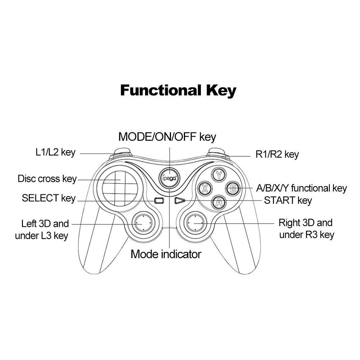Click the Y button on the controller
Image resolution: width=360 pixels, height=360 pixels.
[219, 175]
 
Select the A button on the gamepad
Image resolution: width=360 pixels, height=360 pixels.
[219, 202]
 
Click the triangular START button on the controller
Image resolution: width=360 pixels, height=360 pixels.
[179, 201]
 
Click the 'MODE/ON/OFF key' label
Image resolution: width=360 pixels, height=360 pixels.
[167, 137]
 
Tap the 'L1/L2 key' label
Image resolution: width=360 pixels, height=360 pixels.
[55, 152]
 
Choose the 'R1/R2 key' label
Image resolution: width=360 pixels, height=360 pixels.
[277, 155]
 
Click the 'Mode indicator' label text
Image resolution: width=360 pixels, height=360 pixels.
[166, 254]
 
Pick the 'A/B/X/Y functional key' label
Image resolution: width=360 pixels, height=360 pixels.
[301, 188]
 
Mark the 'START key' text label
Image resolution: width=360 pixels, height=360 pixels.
[288, 200]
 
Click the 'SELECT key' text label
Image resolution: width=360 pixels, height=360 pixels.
[49, 198]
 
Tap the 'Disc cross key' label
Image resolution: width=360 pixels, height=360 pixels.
[47, 179]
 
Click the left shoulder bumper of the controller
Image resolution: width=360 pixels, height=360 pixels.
[121, 152]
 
